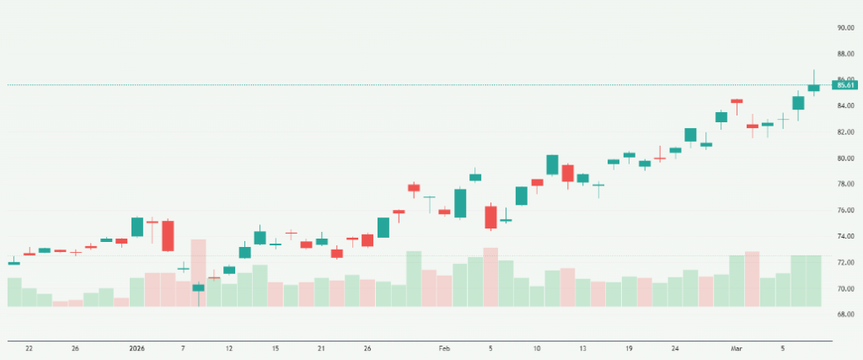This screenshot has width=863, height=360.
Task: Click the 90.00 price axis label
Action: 845,27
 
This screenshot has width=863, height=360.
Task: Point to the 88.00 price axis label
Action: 845,53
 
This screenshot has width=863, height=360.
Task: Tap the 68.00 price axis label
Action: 845,314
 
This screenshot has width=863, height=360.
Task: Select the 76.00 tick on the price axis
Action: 845,210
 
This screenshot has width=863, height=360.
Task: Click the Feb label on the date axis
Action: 445,347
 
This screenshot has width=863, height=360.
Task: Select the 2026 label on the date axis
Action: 137,347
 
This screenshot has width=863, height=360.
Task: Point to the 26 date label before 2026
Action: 75,347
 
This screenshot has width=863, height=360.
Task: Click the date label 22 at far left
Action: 29,347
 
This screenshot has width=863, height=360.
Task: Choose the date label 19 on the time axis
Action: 629,347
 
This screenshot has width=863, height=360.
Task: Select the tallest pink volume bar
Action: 199,272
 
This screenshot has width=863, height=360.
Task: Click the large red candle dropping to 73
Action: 168,235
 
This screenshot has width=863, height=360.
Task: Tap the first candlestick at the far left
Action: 13,263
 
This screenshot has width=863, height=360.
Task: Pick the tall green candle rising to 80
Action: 552,164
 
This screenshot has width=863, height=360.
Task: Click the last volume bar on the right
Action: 814,281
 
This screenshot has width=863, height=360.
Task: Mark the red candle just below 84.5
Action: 737,101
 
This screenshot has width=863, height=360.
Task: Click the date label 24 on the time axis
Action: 676,347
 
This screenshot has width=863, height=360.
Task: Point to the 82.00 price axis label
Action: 845,132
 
